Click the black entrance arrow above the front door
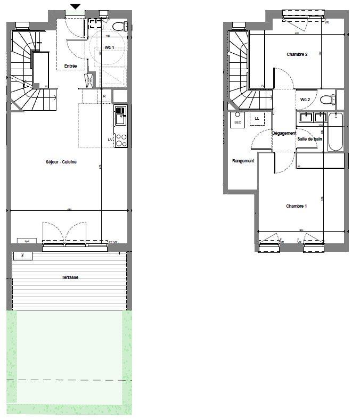76,6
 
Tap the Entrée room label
70,66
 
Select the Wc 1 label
109,48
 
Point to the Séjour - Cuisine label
61,162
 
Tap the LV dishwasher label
110,139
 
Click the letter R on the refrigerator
104,96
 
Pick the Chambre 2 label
297,54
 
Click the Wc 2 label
305,100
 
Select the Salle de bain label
310,139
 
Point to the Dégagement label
283,133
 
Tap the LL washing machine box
257,118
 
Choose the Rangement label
243,161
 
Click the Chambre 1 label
297,206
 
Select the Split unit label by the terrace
27,241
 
